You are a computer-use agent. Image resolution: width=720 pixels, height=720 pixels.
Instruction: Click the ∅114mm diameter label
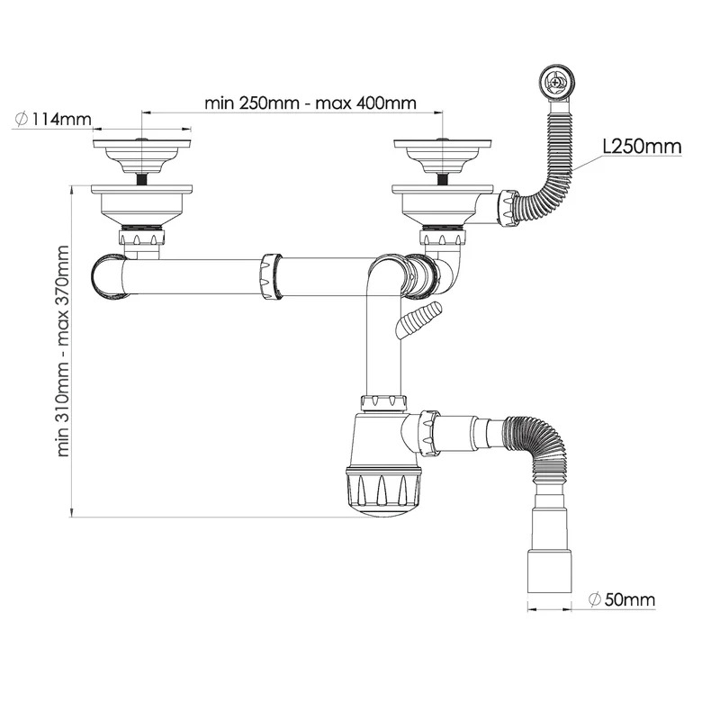tap(54, 120)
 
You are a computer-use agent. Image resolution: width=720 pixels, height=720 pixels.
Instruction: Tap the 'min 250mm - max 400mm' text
tap(310, 103)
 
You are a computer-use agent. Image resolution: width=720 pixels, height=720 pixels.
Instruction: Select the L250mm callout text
tap(642, 147)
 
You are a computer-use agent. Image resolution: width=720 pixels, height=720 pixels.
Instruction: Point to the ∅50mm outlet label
tap(622, 599)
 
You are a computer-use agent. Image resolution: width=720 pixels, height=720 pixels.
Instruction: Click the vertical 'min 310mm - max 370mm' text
tap(62, 351)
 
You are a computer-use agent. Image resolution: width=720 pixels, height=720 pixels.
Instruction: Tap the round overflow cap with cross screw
tap(556, 83)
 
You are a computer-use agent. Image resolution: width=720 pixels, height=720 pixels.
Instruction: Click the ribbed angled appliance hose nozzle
tap(418, 319)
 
